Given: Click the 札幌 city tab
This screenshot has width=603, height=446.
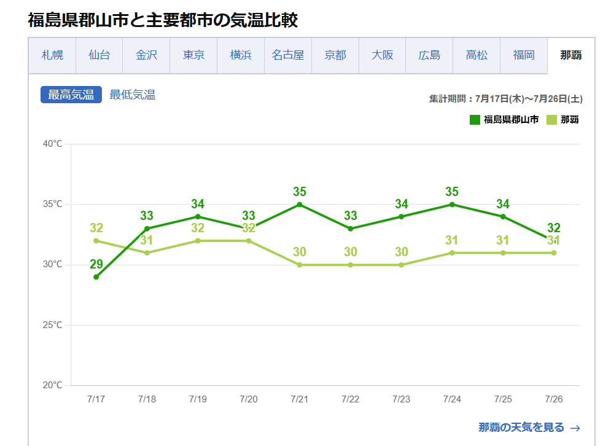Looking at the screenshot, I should coord(52,55).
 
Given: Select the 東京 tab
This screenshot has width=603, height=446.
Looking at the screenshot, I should coord(193,55).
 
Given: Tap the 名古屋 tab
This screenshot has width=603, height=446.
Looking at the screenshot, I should coord(288,55).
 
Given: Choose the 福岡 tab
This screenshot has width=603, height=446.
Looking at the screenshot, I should coord(524,55).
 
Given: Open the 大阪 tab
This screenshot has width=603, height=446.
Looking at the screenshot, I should coord(382,55).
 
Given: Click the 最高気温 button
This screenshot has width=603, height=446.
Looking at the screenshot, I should coord(71,95).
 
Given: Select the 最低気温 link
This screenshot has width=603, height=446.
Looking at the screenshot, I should coord(132,95).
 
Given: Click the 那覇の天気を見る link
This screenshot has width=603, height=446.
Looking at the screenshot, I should coord(529,428).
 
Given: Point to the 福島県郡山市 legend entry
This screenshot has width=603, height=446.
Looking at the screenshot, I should coord(504,119).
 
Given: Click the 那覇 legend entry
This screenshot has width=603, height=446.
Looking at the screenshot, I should coord(563,119).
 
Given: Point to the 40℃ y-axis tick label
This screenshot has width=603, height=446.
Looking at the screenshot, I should coord(52,144).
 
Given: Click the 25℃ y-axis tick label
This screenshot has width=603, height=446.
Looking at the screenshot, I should coord(52,325).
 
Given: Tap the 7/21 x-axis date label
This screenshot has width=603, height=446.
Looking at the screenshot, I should coord(299,399).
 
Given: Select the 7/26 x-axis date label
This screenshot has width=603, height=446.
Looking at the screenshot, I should coord(553,399).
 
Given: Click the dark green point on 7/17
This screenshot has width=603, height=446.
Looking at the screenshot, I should coord(96,277).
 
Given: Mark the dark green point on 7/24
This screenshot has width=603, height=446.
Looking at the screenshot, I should coord(452,205).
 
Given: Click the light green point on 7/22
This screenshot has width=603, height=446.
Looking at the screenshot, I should coord(350,265).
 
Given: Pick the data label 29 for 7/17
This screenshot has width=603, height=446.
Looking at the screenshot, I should coord(96,264).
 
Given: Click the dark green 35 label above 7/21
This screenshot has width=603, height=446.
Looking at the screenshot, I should coord(299,192).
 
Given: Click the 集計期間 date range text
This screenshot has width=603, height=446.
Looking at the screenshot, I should coord(505,98).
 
